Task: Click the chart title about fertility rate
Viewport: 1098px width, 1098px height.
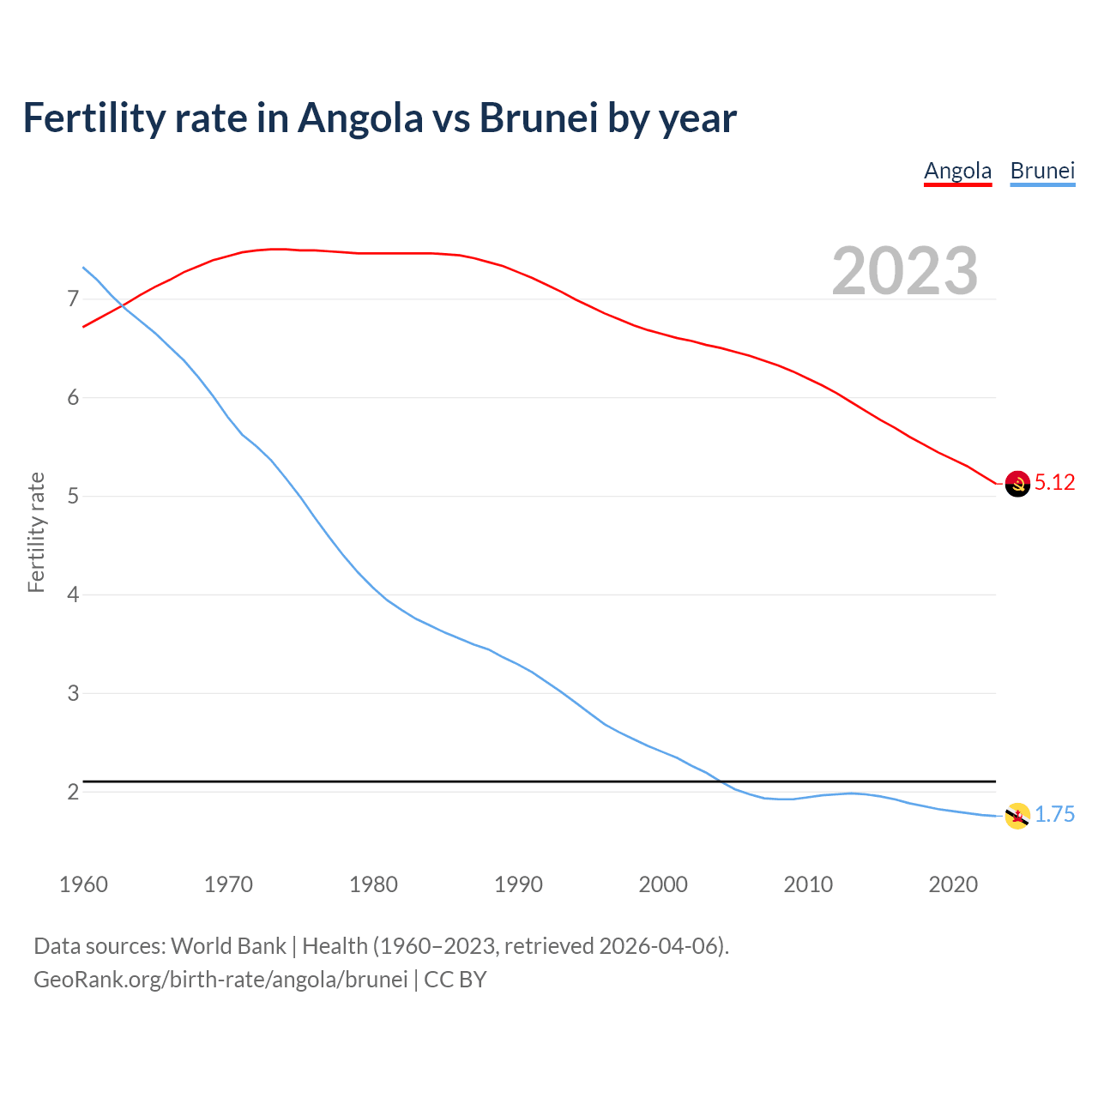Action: point(379,118)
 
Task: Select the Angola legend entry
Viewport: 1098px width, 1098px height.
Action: point(957,171)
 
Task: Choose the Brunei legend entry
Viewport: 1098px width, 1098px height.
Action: point(1042,171)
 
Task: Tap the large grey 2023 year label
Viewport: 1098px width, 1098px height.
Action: point(905,271)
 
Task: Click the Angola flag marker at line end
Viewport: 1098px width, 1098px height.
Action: point(1017,484)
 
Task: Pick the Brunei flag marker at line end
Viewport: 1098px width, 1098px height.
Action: point(1017,816)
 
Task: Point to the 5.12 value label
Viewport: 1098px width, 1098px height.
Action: point(1054,483)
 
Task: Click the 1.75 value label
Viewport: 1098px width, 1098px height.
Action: point(1054,815)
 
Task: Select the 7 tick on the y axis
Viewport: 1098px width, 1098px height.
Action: point(73,299)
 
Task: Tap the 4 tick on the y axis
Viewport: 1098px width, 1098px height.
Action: point(73,594)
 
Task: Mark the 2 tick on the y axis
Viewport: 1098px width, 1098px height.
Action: point(73,792)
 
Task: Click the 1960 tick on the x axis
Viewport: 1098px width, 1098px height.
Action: point(83,884)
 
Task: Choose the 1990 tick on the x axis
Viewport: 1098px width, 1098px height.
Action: point(518,884)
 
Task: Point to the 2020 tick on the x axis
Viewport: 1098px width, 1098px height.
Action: point(953,884)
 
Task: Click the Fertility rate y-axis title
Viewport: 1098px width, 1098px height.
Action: point(36,532)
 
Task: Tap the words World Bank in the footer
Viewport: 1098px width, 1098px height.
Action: point(228,946)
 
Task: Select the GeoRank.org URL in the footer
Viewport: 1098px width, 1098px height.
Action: point(220,980)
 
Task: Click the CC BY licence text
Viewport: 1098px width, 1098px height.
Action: point(455,980)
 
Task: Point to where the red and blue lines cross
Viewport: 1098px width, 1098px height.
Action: point(122,305)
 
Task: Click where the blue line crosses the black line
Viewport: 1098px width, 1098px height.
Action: point(721,781)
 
